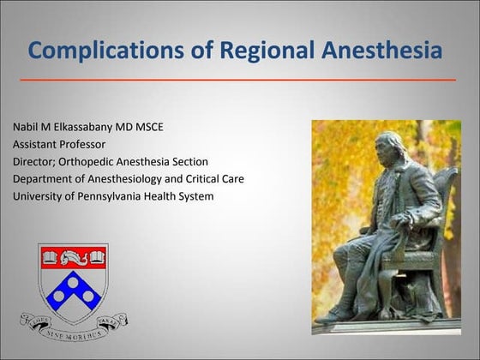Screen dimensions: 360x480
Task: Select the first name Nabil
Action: point(27,128)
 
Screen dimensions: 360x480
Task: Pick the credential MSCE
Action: point(171,128)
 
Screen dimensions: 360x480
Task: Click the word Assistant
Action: point(36,145)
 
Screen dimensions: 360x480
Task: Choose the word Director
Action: point(36,162)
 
